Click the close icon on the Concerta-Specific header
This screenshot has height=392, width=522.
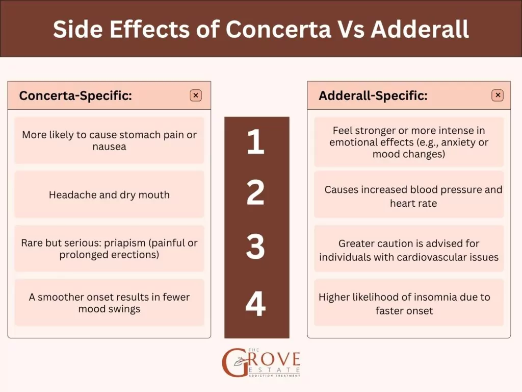click(x=196, y=95)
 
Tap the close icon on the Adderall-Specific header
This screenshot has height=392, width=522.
click(x=498, y=95)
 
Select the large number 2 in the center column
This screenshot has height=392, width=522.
click(x=255, y=192)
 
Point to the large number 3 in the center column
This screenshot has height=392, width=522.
click(x=255, y=247)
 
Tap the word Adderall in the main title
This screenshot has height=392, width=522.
click(x=420, y=29)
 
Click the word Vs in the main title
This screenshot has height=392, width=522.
click(x=351, y=29)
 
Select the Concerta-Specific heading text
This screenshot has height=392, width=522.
click(x=75, y=95)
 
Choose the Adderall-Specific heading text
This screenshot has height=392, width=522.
click(x=373, y=95)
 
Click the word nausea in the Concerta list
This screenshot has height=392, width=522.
click(x=110, y=147)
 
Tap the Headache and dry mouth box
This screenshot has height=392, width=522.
click(x=109, y=195)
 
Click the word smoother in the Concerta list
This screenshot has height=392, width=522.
click(x=65, y=297)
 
